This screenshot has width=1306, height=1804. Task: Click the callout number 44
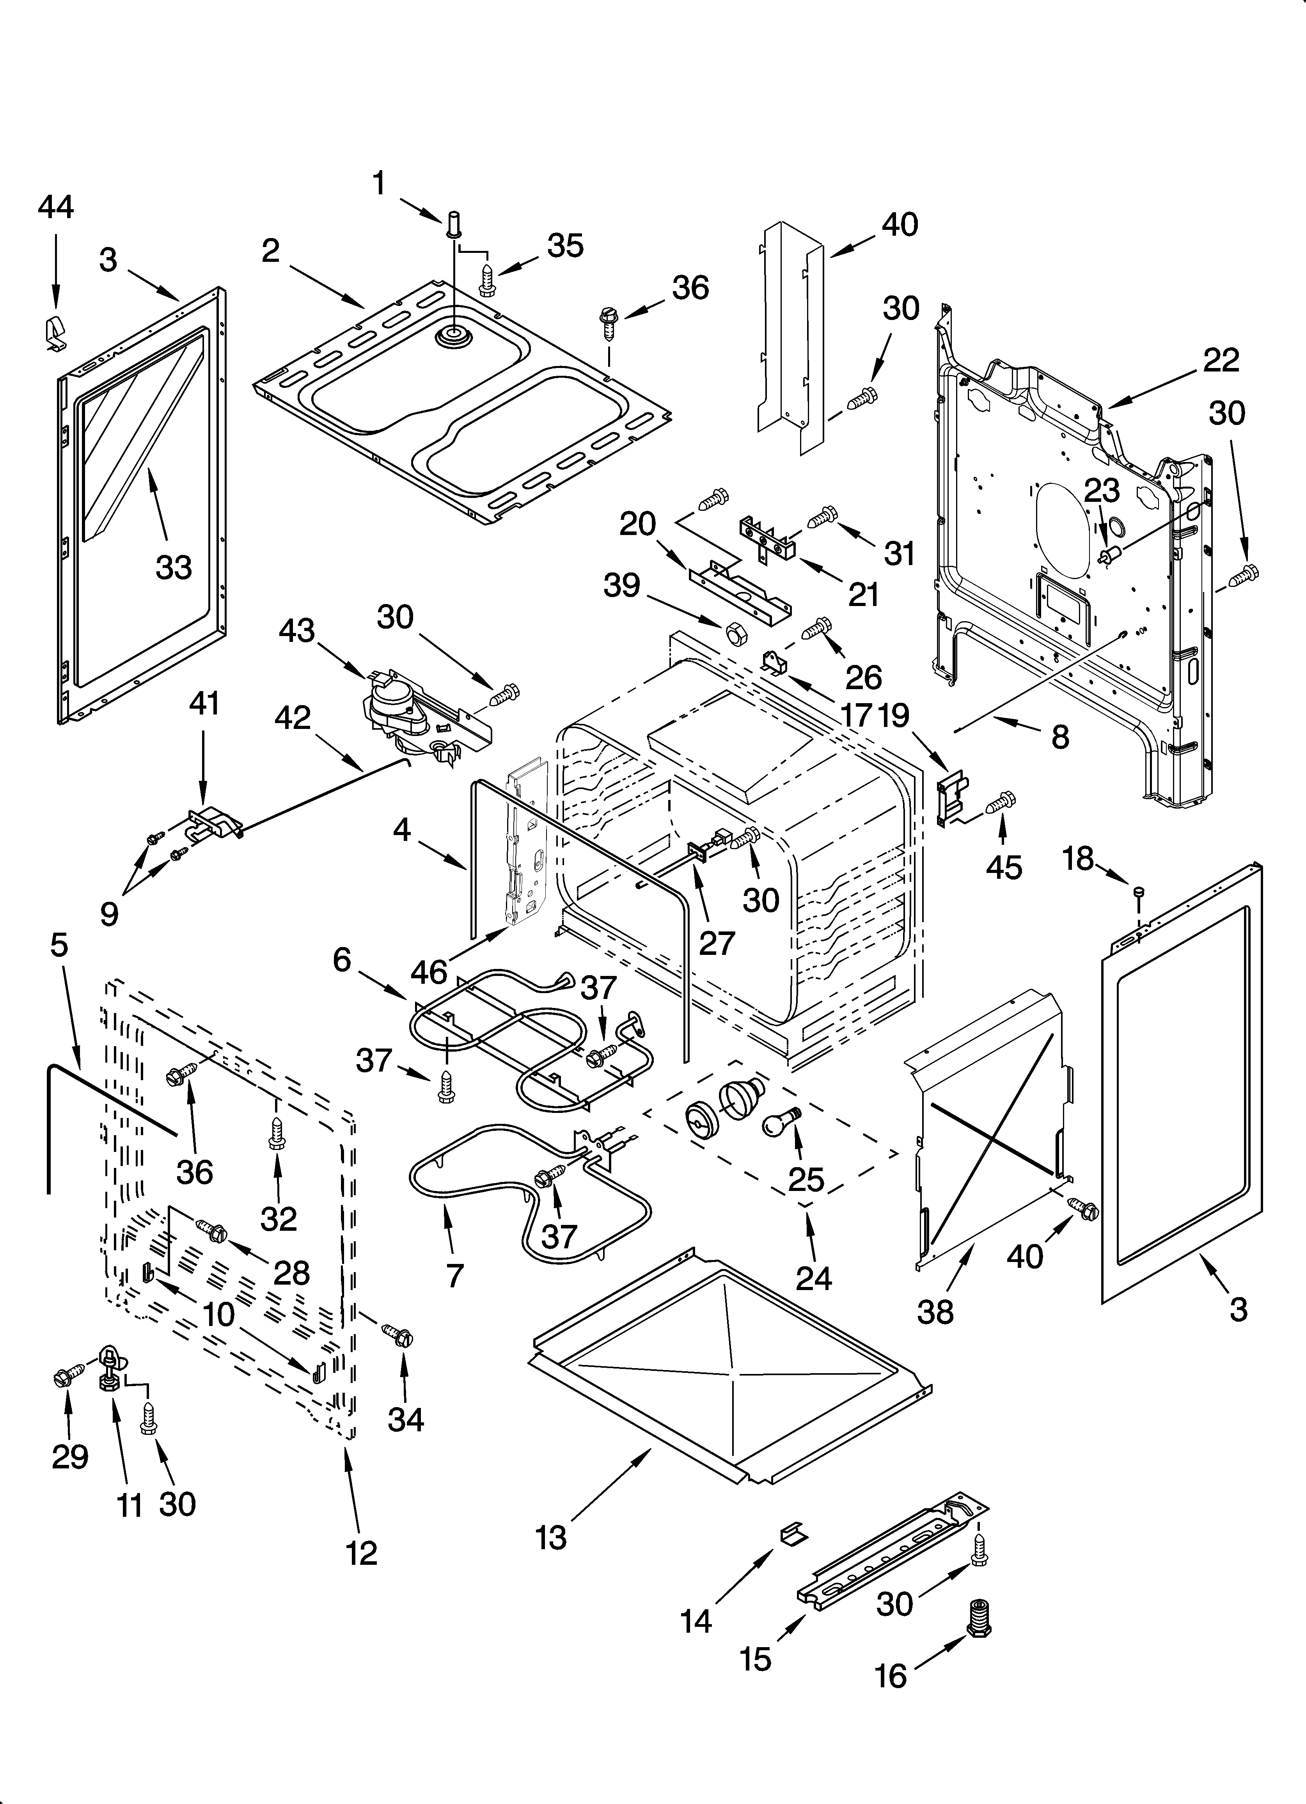click(x=56, y=207)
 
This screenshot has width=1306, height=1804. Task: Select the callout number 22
click(x=1221, y=360)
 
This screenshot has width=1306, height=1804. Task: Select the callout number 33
click(x=173, y=567)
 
